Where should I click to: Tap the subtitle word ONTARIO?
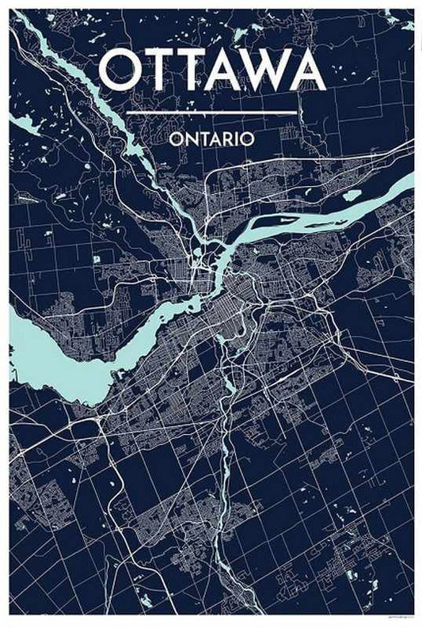click(211, 138)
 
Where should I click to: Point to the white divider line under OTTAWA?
click(211, 112)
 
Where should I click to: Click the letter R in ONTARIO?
click(230, 138)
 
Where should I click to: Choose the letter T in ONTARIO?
click(204, 138)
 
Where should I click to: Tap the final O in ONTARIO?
click(247, 138)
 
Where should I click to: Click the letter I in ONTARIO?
click(238, 138)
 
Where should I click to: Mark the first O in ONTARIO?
click(176, 138)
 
